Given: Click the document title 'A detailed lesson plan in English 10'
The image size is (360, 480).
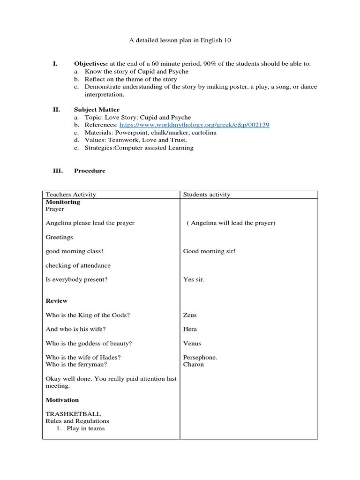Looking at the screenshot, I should [x=180, y=41].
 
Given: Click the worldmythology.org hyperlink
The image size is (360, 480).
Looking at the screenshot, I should [x=194, y=125].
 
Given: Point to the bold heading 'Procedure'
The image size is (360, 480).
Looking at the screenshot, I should [x=90, y=171].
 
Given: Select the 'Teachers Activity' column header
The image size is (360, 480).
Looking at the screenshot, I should [x=71, y=195].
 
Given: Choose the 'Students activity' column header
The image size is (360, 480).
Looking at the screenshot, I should [x=207, y=195].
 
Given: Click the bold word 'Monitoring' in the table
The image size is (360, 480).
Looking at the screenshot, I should [x=63, y=202].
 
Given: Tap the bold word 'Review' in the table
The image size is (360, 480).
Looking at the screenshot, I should [x=57, y=301].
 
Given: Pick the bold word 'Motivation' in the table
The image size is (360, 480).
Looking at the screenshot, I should [x=62, y=400].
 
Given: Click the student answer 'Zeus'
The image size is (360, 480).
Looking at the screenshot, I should [x=190, y=315].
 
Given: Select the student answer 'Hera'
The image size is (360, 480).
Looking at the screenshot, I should [x=190, y=330].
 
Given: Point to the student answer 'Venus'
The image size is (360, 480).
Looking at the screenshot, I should [x=192, y=344].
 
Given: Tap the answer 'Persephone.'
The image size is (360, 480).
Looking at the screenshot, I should [x=200, y=358].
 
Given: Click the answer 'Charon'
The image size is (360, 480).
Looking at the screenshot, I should [x=194, y=364].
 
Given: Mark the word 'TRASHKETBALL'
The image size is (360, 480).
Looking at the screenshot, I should [x=73, y=414].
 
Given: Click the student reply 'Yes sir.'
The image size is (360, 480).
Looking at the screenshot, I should [x=194, y=280].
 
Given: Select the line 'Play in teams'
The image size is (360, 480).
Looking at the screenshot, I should [x=85, y=428].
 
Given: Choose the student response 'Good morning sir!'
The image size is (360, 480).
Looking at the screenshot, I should [x=209, y=251].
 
